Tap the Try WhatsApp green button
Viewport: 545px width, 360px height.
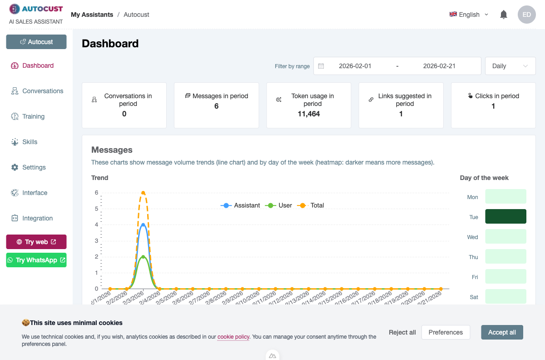click(36, 260)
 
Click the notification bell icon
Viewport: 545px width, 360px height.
click(503, 15)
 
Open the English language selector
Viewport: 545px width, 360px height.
click(469, 15)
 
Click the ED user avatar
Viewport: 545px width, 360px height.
click(526, 15)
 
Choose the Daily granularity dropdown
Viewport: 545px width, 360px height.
click(510, 66)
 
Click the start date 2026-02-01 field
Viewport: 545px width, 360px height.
click(355, 66)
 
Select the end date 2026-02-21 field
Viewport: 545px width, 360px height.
click(439, 66)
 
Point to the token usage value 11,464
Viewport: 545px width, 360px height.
click(309, 114)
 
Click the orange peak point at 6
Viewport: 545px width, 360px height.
click(143, 193)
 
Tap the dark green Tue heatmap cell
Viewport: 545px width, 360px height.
click(505, 216)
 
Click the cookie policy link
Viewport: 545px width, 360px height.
click(233, 337)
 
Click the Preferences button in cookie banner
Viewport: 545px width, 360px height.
click(446, 332)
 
